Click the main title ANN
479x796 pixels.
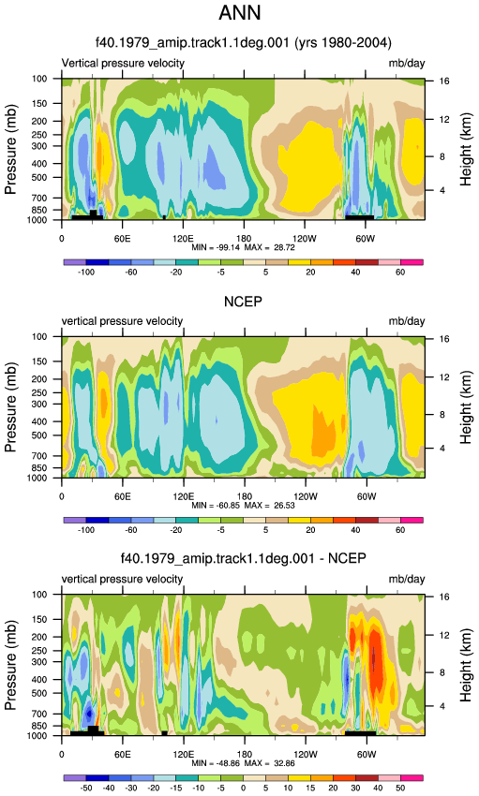pyautogui.click(x=240, y=13)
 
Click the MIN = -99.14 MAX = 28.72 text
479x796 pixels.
pyautogui.click(x=243, y=248)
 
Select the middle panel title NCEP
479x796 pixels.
pyautogui.click(x=244, y=302)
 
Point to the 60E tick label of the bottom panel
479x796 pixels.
pyautogui.click(x=123, y=755)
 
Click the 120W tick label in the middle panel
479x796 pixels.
pyautogui.click(x=306, y=496)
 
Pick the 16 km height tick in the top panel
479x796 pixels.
pyautogui.click(x=444, y=81)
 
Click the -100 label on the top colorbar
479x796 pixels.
pyautogui.click(x=86, y=273)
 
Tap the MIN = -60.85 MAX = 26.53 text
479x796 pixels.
pyautogui.click(x=243, y=506)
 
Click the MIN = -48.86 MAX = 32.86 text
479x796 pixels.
pyautogui.click(x=243, y=763)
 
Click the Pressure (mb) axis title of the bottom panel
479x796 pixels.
pyautogui.click(x=10, y=665)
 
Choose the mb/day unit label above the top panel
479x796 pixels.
pyautogui.click(x=407, y=64)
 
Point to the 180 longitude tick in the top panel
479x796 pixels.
pyautogui.click(x=245, y=239)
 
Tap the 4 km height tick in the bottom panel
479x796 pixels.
pyautogui.click(x=442, y=706)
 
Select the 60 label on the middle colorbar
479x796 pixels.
pyautogui.click(x=400, y=530)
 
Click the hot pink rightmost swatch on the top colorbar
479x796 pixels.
pyautogui.click(x=412, y=262)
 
